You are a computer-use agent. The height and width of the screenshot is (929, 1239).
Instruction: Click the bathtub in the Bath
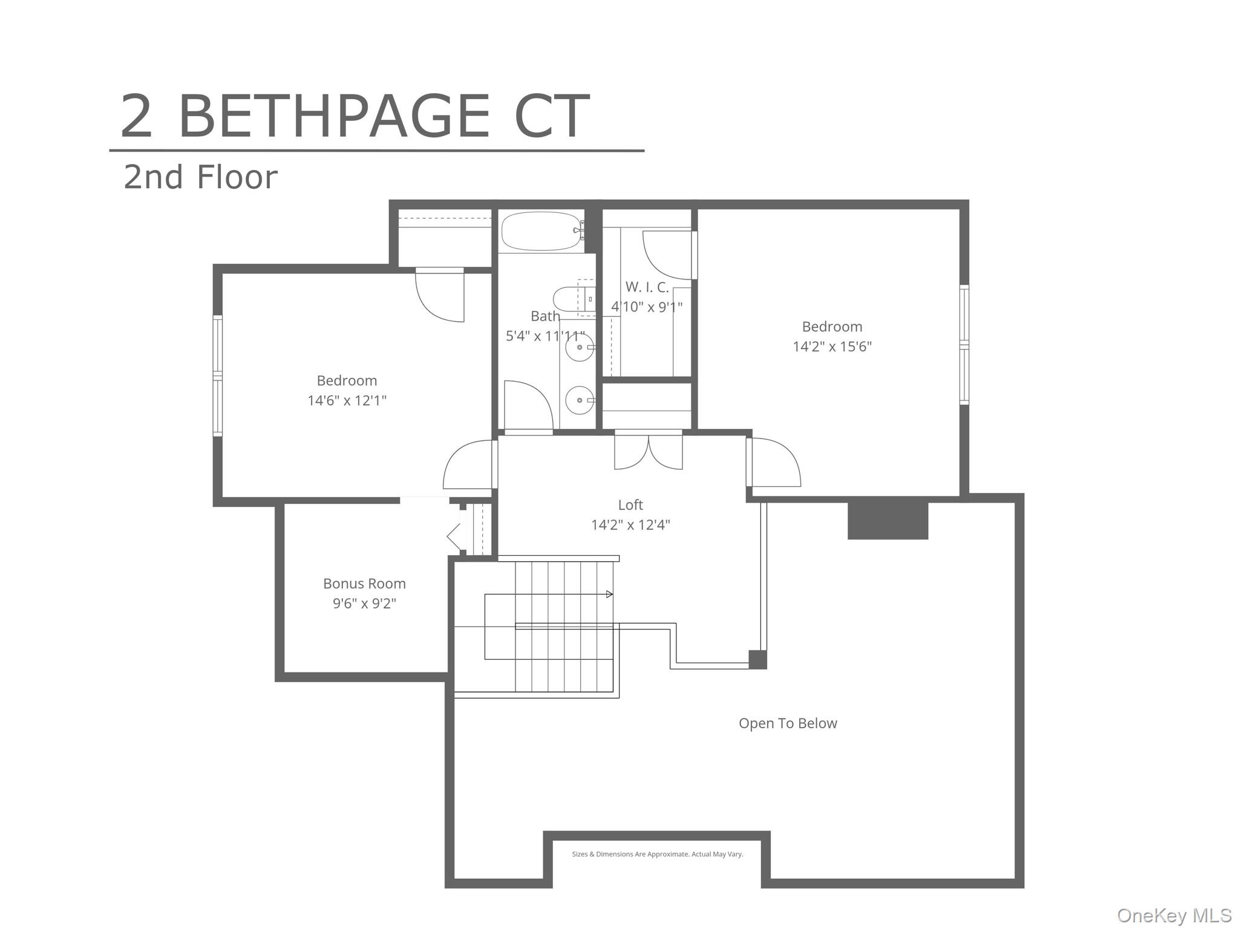tap(541, 230)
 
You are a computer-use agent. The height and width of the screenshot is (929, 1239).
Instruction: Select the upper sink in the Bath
tap(580, 348)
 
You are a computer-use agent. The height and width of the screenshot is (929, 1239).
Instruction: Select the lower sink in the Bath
tap(580, 400)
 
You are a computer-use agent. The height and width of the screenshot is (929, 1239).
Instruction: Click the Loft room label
tap(630, 505)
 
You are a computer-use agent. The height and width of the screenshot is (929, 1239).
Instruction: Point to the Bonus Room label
tap(364, 584)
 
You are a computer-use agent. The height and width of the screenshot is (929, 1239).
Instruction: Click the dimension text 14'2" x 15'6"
tap(832, 347)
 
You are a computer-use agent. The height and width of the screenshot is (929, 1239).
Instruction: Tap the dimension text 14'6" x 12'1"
tap(347, 400)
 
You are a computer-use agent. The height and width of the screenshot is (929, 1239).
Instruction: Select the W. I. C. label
tap(647, 287)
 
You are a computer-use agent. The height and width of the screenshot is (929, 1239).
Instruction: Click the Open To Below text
tap(788, 723)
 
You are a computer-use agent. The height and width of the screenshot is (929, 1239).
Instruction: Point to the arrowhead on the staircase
tap(610, 595)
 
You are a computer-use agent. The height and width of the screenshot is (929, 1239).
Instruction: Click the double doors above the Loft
tap(649, 451)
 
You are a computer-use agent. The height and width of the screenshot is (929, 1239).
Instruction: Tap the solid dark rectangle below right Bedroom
tap(888, 518)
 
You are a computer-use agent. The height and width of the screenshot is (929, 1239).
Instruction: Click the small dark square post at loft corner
tap(757, 659)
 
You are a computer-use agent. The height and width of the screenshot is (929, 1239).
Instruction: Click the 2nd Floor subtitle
tap(200, 177)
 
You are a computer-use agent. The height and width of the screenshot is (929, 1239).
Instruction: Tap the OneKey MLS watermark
tap(1174, 916)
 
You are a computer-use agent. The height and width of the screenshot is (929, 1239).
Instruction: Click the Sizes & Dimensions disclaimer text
tap(657, 854)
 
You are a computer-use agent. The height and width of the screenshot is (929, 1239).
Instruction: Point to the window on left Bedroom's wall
tap(217, 375)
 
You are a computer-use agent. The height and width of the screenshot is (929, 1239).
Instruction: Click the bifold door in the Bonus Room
tap(455, 536)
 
